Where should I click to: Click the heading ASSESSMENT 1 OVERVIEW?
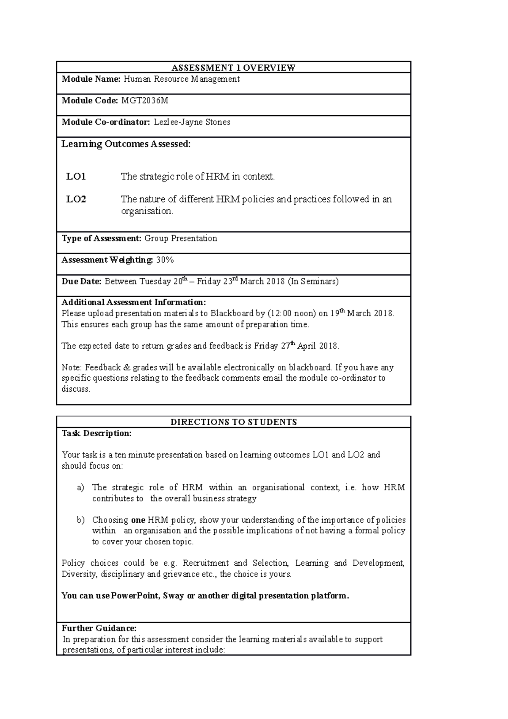click(233, 68)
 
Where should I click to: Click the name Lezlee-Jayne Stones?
click(192, 122)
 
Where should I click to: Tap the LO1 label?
click(76, 177)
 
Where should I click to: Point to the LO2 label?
click(76, 199)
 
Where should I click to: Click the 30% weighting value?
click(165, 260)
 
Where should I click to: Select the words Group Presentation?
click(181, 238)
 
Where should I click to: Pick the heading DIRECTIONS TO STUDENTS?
click(233, 422)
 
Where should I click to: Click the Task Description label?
click(97, 434)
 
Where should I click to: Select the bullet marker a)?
click(80, 488)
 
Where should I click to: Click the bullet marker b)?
click(80, 520)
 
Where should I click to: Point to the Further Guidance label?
click(99, 628)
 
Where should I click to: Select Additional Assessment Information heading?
click(134, 302)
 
